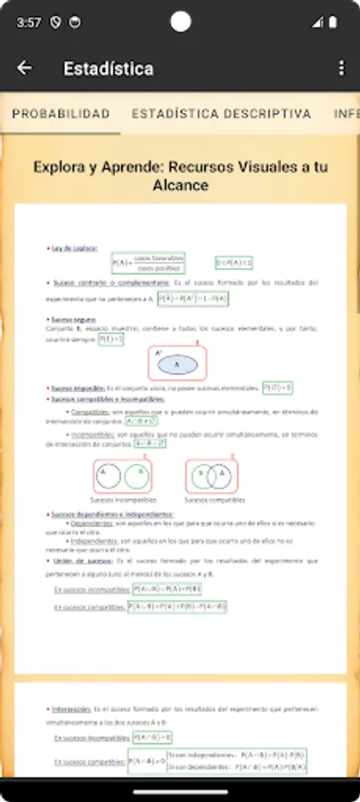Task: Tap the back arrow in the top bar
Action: click(24, 69)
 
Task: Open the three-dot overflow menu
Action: click(341, 69)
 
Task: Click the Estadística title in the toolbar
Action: click(109, 69)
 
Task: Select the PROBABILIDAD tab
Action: click(61, 114)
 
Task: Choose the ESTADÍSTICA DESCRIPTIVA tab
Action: click(221, 114)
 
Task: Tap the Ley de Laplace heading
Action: click(75, 249)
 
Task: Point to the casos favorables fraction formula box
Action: click(147, 263)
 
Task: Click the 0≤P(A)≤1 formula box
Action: click(234, 263)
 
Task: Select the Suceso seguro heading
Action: click(73, 319)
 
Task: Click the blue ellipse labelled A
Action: click(176, 365)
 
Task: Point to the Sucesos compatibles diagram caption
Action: click(212, 500)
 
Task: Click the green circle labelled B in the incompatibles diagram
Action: click(135, 476)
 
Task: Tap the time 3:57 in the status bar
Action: click(29, 21)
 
